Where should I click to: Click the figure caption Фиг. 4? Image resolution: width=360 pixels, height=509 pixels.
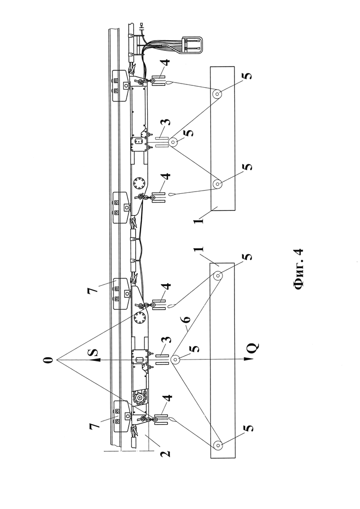[x=298, y=269]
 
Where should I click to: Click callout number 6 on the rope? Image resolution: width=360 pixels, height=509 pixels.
[x=186, y=319]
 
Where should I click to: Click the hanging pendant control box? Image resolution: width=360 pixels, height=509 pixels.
[x=191, y=44]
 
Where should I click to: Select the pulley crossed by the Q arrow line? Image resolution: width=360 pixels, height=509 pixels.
[x=175, y=359]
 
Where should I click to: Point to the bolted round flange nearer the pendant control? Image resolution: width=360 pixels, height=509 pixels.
[x=140, y=184]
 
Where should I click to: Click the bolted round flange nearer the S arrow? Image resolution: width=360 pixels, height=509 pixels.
[x=140, y=319]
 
